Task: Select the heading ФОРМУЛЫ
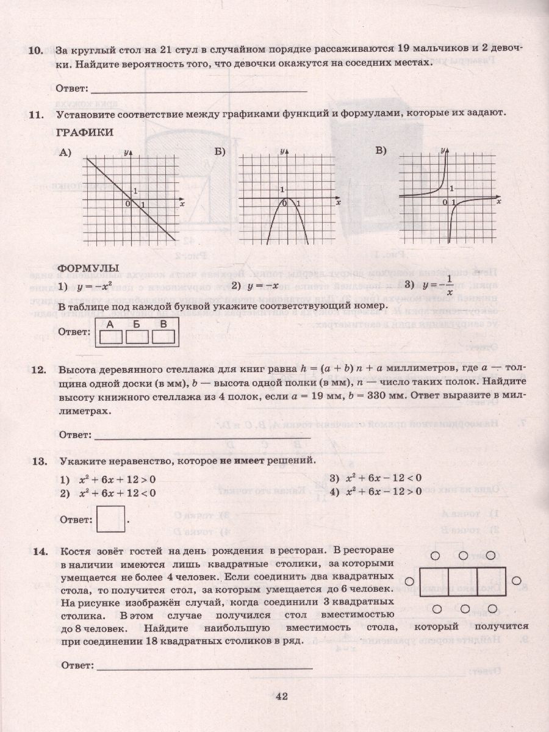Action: point(88,268)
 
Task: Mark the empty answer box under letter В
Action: point(163,337)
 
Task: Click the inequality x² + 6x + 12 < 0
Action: point(117,493)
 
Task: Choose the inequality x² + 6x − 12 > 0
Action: point(383,492)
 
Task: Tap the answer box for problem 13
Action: point(110,519)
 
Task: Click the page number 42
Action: point(281,697)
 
